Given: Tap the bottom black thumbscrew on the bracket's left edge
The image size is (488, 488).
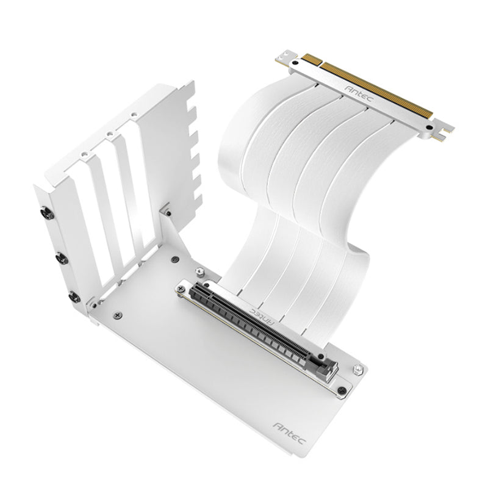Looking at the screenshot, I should point(73,297).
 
